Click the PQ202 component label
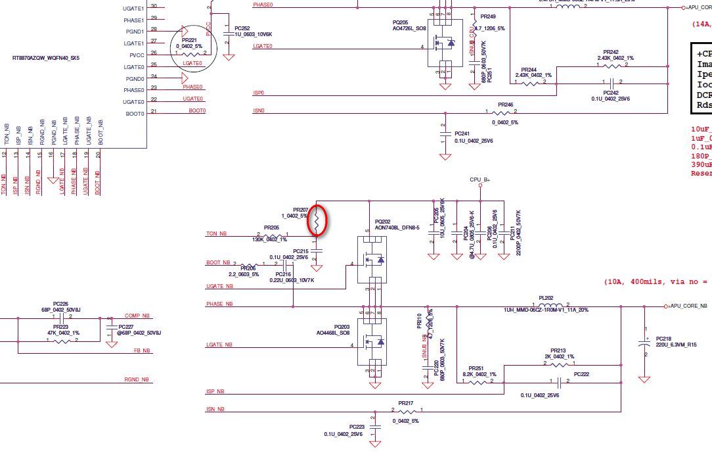click(x=384, y=222)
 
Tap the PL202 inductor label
click(x=546, y=297)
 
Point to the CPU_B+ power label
click(x=479, y=180)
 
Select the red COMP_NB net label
click(x=137, y=316)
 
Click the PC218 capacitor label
click(x=663, y=338)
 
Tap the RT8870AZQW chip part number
click(x=46, y=58)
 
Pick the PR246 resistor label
click(x=505, y=105)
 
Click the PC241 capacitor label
click(x=462, y=133)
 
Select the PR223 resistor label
click(x=60, y=327)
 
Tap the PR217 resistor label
click(x=406, y=403)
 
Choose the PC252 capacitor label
click(x=242, y=28)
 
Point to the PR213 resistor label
click(x=558, y=350)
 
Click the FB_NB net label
click(x=142, y=350)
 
